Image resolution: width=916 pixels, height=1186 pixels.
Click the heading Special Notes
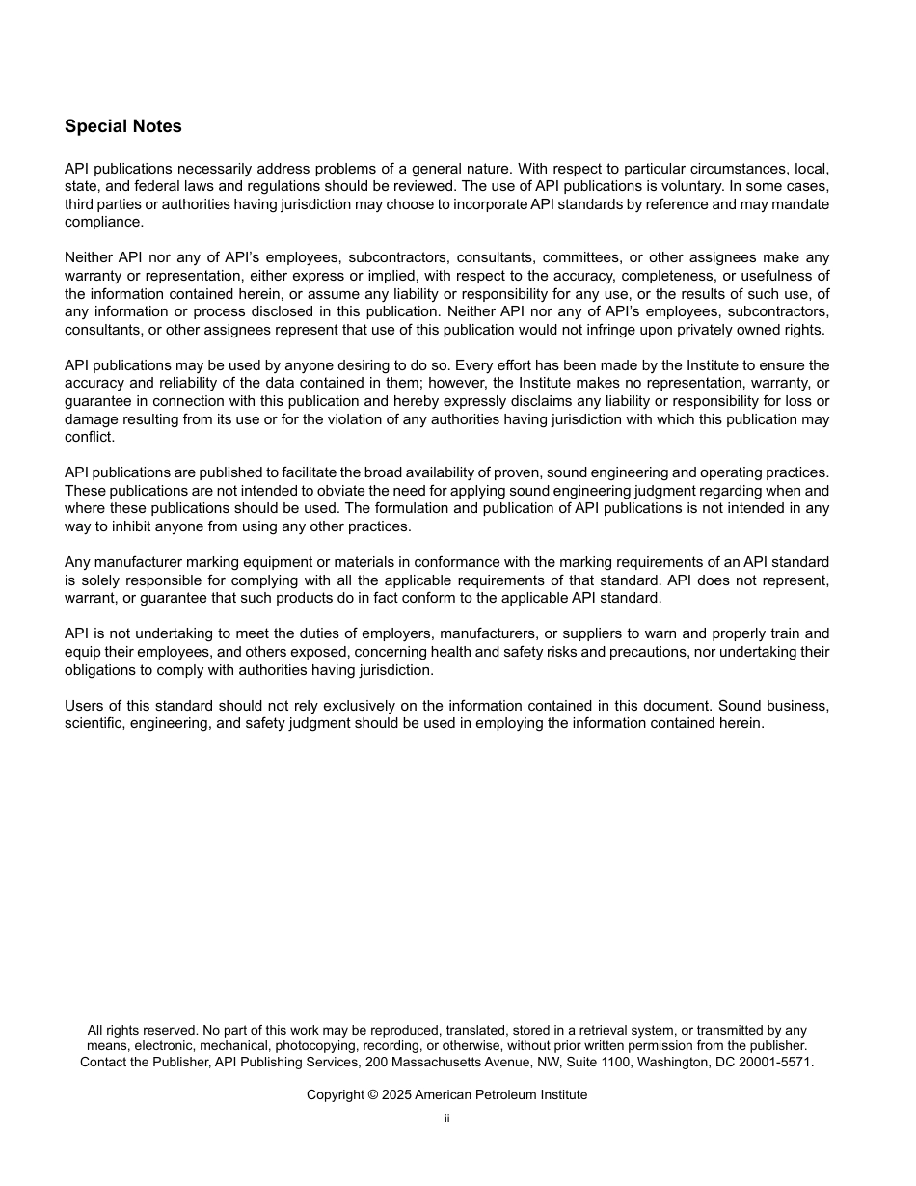click(x=122, y=126)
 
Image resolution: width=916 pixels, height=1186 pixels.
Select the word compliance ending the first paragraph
click(x=103, y=222)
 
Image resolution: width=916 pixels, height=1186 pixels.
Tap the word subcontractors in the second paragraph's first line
click(x=396, y=257)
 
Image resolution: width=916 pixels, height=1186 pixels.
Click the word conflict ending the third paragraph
click(x=89, y=437)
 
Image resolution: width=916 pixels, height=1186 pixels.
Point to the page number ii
click(x=447, y=1119)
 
